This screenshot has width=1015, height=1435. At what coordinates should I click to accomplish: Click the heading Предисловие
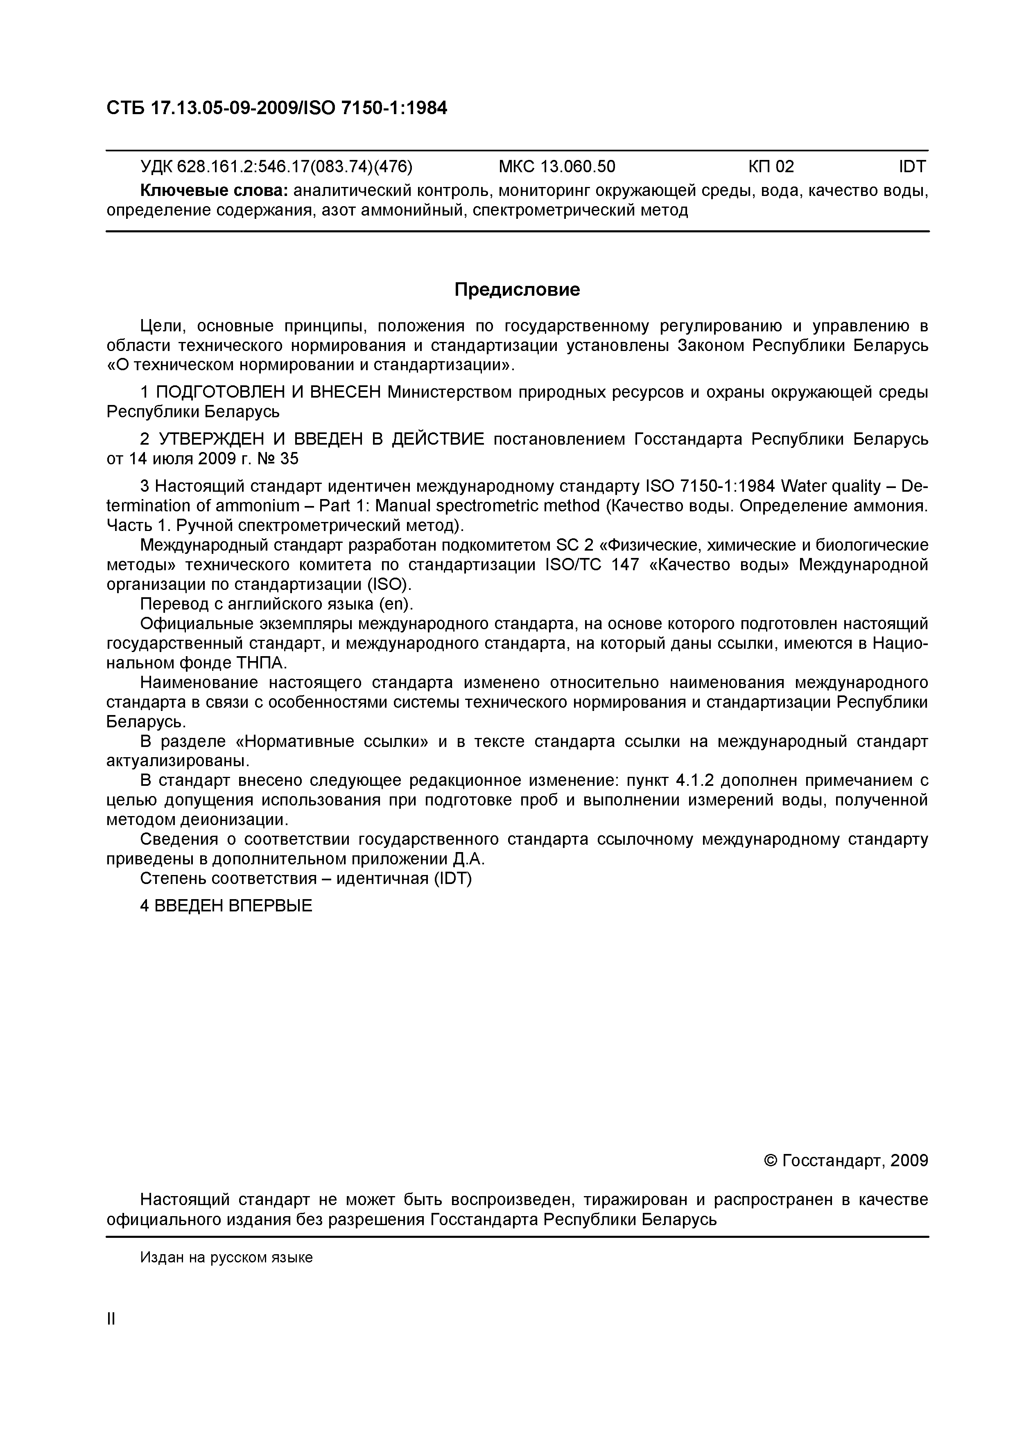(517, 289)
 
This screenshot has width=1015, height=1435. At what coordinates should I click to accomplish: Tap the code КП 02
(771, 166)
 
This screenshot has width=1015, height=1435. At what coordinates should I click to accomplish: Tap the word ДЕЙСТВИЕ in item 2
(438, 439)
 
